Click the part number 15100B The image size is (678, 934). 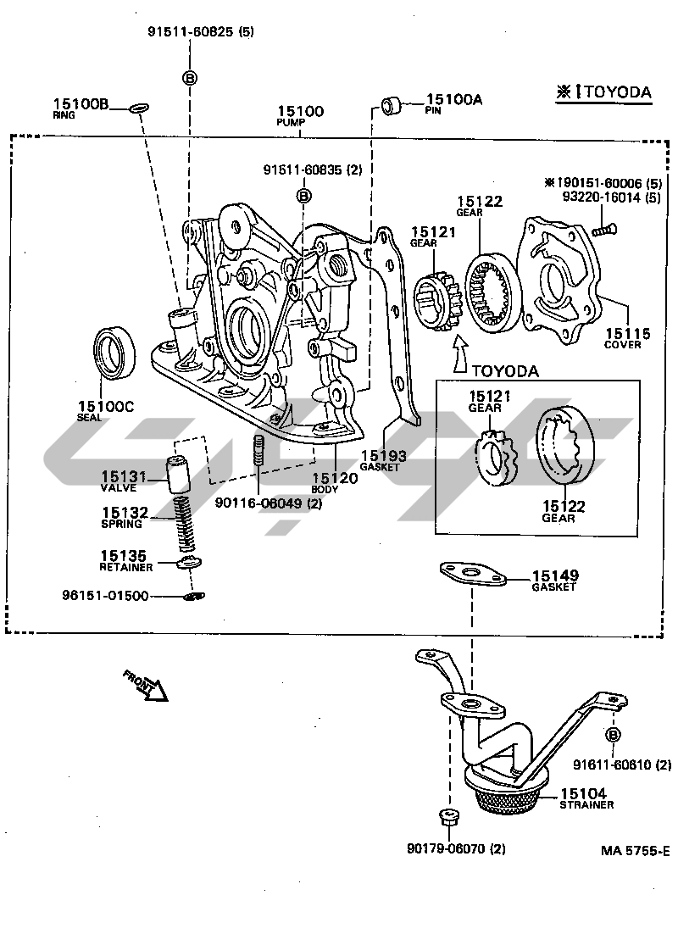81,104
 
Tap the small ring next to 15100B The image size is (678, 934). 140,108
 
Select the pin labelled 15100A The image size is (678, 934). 392,105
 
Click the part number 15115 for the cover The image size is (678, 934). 627,334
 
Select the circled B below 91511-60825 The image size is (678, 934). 190,78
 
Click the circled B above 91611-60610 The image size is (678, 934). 613,734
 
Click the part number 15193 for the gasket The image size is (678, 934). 383,456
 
